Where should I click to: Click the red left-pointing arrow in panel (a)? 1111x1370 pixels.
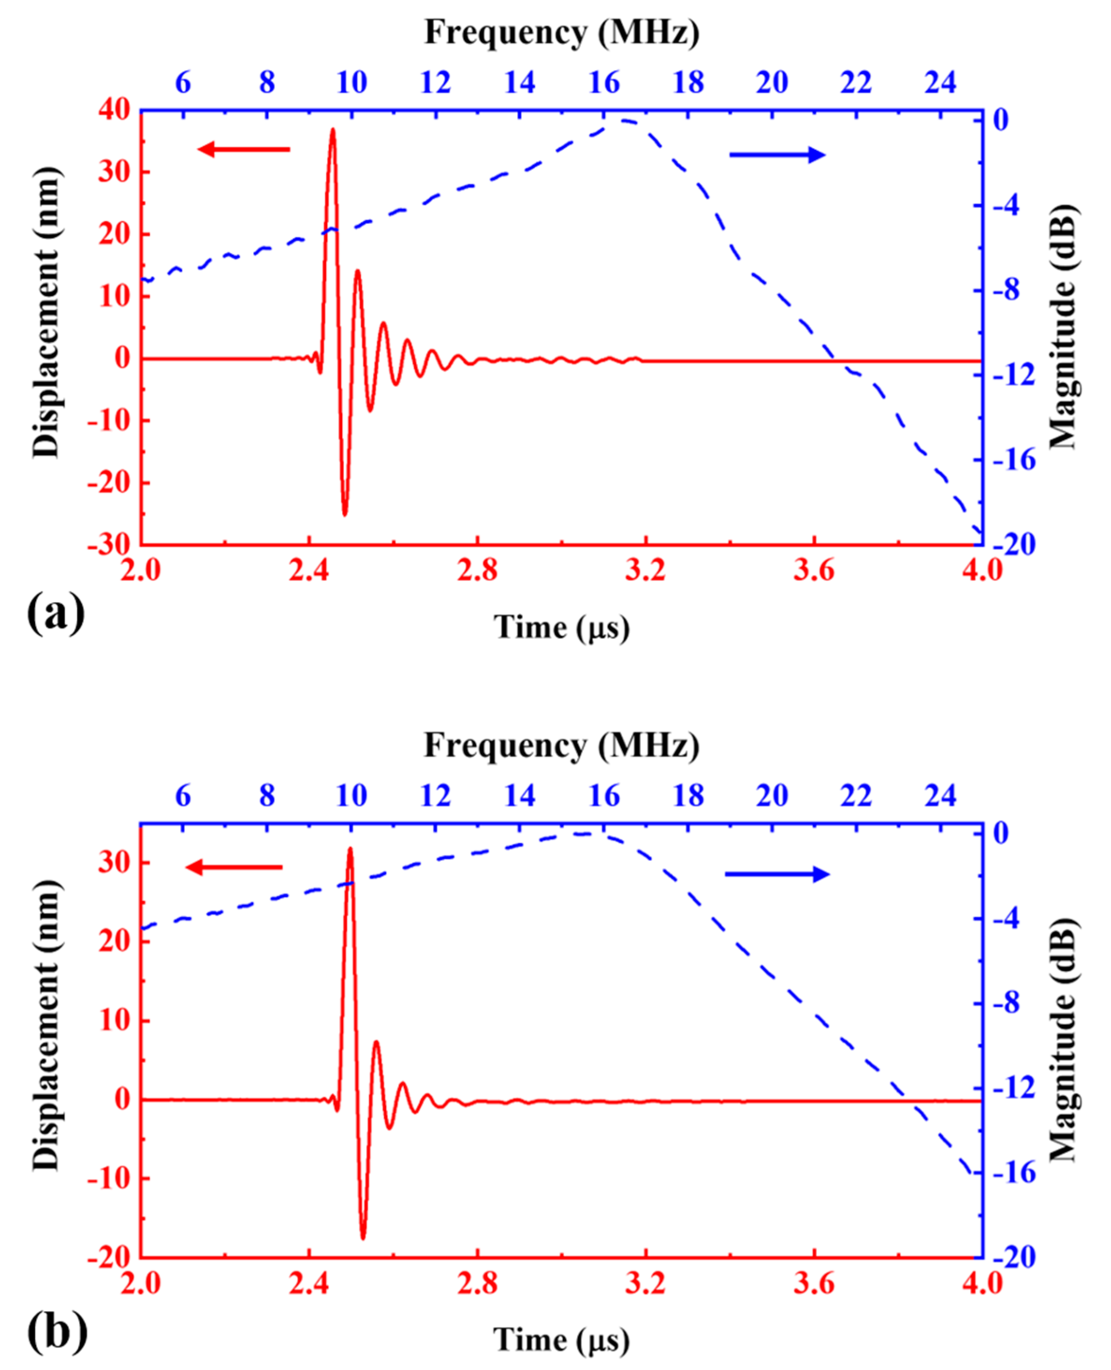(244, 150)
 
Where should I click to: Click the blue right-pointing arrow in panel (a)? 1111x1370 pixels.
(778, 155)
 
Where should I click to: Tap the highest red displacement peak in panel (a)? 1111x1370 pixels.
(332, 131)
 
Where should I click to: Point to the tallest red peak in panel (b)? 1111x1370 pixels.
(350, 849)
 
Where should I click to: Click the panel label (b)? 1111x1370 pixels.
(56, 1332)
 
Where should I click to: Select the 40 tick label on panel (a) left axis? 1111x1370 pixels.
(114, 110)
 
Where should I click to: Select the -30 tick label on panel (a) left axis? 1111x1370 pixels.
(109, 545)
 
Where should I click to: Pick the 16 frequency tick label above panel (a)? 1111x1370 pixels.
(604, 82)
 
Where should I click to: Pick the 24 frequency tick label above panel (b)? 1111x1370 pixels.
(940, 796)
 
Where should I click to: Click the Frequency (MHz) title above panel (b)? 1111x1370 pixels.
(561, 746)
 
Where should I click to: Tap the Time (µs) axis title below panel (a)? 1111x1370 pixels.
(561, 627)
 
